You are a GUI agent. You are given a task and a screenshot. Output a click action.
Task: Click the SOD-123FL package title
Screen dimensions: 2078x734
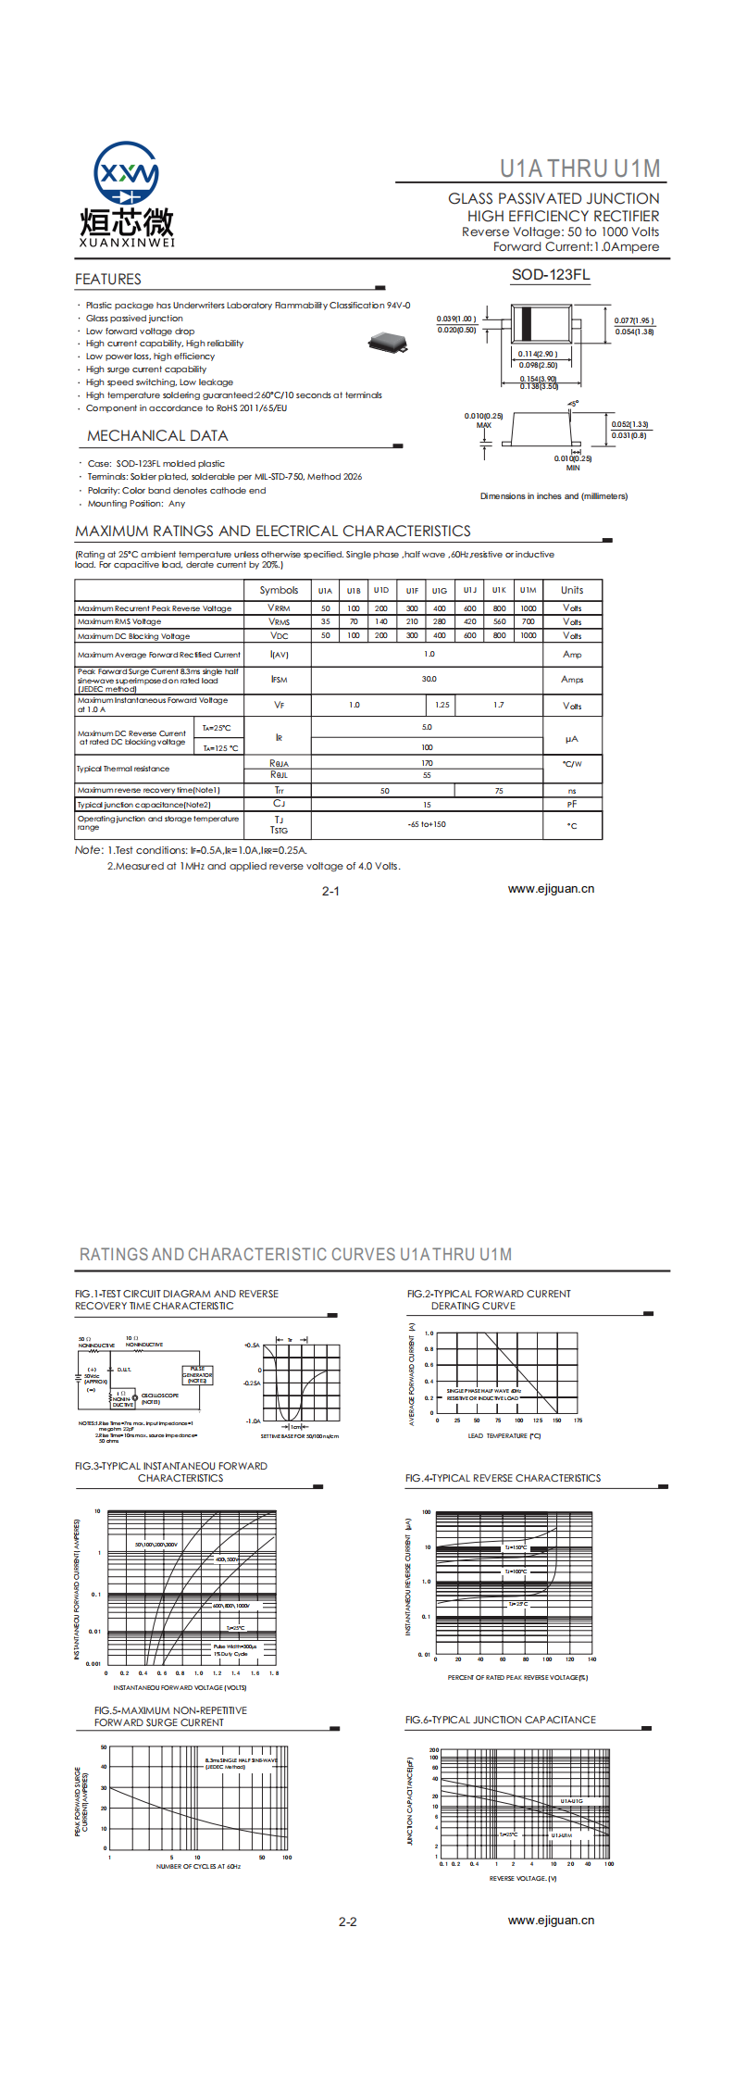tap(551, 275)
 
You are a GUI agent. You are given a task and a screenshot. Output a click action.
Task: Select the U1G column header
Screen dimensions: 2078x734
tap(440, 591)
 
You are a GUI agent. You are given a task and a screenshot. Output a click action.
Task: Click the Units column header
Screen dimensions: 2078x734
tap(572, 591)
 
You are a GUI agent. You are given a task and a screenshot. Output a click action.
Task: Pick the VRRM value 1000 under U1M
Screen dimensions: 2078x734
tap(528, 608)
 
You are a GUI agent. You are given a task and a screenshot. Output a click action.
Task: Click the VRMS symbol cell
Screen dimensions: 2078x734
tap(279, 622)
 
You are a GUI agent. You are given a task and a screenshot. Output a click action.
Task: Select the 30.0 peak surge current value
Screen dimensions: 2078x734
tap(429, 679)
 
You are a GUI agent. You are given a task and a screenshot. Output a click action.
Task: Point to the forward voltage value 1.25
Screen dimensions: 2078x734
tap(442, 705)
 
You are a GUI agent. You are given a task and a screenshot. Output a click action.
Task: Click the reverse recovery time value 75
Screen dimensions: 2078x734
tap(499, 791)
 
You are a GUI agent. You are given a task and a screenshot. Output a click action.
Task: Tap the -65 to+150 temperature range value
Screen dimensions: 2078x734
tap(427, 824)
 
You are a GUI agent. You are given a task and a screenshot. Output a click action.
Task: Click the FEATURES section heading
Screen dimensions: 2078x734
tap(108, 280)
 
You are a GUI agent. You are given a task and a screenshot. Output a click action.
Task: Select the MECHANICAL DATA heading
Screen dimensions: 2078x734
tap(157, 436)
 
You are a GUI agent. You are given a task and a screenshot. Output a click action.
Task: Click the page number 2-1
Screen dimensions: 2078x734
tap(330, 891)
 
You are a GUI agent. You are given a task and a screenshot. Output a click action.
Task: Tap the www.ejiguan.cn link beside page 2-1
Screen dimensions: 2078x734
tap(551, 889)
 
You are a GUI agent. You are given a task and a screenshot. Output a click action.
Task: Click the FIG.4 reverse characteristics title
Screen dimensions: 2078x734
tap(503, 1478)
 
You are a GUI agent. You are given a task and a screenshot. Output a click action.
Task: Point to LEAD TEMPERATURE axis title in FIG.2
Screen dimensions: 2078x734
tap(504, 1436)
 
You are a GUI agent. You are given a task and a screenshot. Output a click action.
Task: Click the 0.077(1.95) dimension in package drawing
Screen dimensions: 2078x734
tap(634, 321)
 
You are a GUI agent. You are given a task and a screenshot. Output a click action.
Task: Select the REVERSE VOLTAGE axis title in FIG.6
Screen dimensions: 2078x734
tap(523, 1878)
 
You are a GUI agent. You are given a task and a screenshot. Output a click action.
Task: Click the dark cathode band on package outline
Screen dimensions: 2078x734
tap(527, 324)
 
